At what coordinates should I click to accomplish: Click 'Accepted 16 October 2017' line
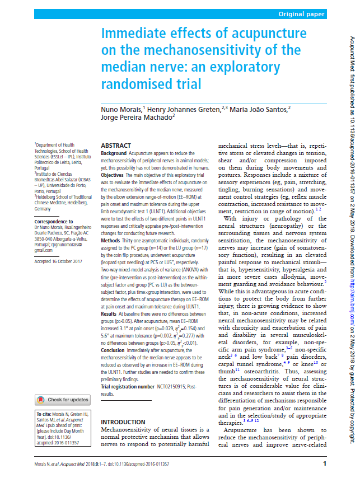click(x=58, y=261)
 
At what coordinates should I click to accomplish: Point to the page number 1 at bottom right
click(x=325, y=464)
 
